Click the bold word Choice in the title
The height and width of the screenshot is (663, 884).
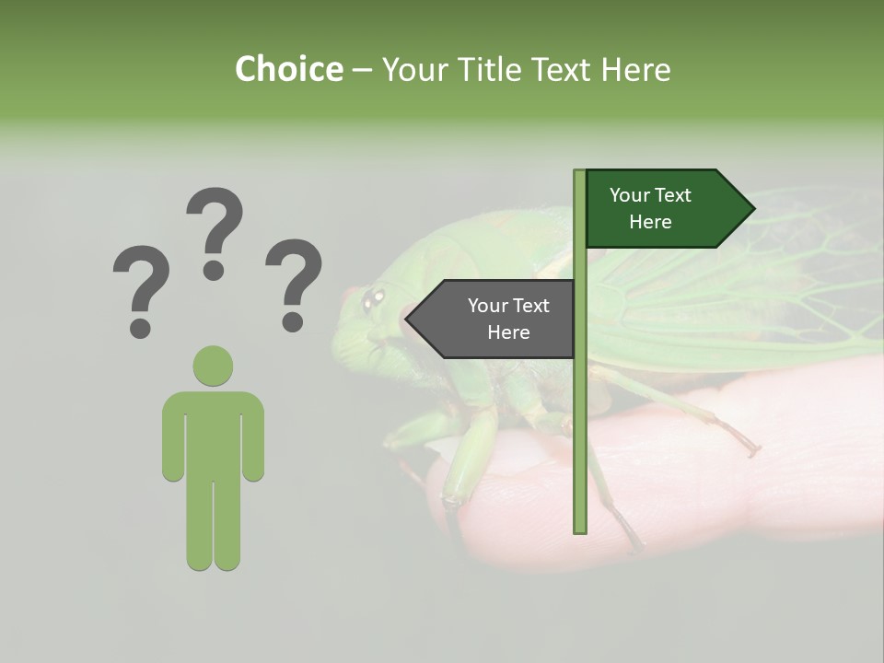coord(288,69)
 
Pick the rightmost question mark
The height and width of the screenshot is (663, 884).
coord(294,284)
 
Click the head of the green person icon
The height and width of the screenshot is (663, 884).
coord(213,366)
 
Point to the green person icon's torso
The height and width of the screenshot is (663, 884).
coord(213,433)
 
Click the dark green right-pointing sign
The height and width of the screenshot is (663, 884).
coord(663,209)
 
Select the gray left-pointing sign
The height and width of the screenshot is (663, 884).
coord(497,319)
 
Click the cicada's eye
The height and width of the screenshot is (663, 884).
coord(373,297)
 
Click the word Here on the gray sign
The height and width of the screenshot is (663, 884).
coord(508,332)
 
